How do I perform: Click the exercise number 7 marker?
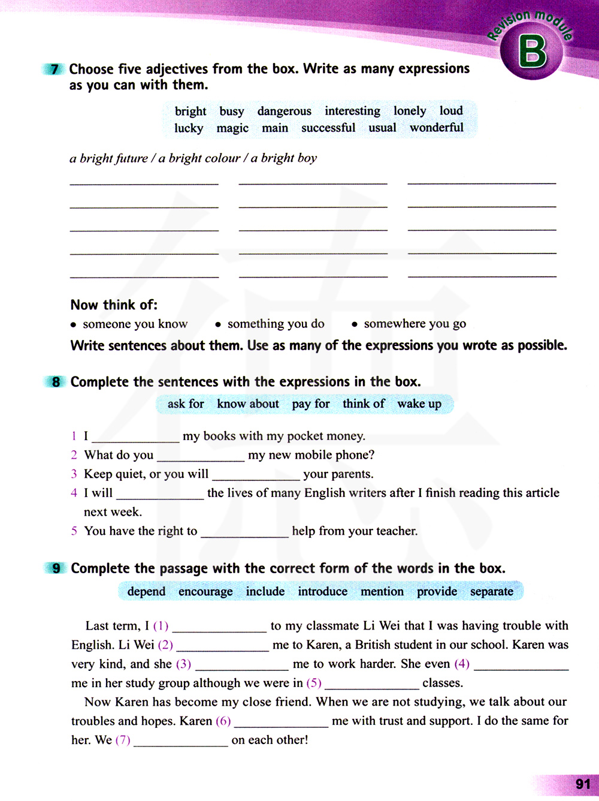(x=55, y=69)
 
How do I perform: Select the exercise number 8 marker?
(x=56, y=382)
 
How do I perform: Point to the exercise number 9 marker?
(x=56, y=568)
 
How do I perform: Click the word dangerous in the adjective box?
(x=285, y=112)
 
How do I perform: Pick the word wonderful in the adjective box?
(x=437, y=128)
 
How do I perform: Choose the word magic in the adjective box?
(x=232, y=128)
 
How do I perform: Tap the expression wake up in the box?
(x=419, y=404)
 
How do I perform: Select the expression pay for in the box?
(x=311, y=404)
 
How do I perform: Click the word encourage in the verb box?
(x=205, y=592)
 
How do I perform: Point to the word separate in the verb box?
(x=492, y=592)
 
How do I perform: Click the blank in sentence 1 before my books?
(x=135, y=438)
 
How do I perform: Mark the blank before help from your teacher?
(x=244, y=533)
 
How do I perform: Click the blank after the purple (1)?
(x=219, y=628)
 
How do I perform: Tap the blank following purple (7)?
(x=180, y=742)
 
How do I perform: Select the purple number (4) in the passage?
(x=462, y=664)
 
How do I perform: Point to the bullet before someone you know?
(x=73, y=325)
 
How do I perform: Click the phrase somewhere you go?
(x=415, y=324)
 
